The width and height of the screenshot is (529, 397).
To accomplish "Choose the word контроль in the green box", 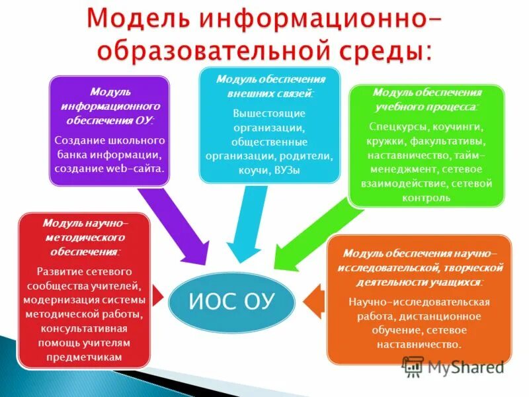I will tap(427, 197).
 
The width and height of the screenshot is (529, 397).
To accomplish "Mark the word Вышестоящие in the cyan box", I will tap(269, 112).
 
